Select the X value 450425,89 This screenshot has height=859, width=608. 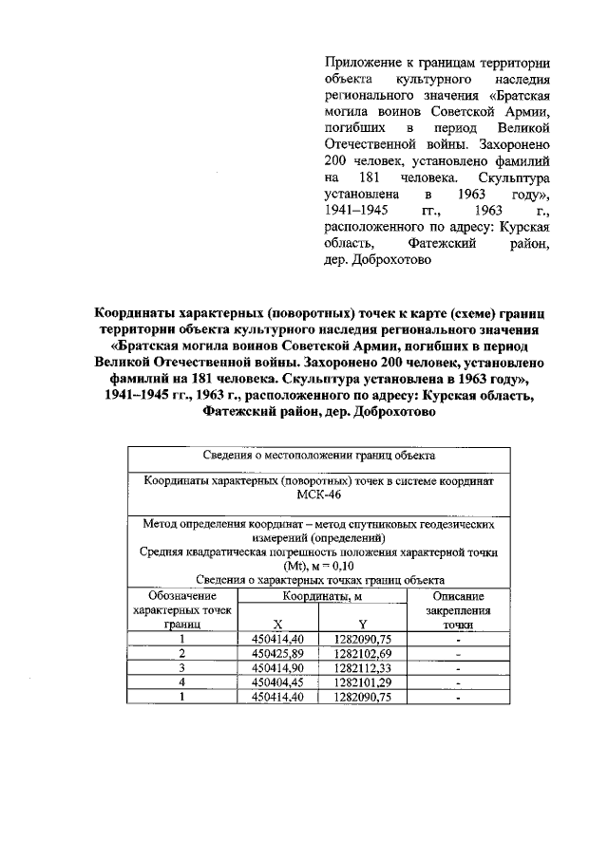point(277,653)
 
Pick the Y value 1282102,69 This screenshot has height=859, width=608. point(362,653)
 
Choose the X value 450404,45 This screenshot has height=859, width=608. point(277,681)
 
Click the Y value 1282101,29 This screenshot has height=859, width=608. point(362,681)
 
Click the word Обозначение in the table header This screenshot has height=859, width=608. point(182,596)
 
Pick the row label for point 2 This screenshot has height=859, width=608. point(182,653)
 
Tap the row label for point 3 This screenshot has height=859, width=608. point(182,667)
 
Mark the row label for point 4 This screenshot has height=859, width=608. point(182,681)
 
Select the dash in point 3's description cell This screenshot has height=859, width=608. point(458,667)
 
